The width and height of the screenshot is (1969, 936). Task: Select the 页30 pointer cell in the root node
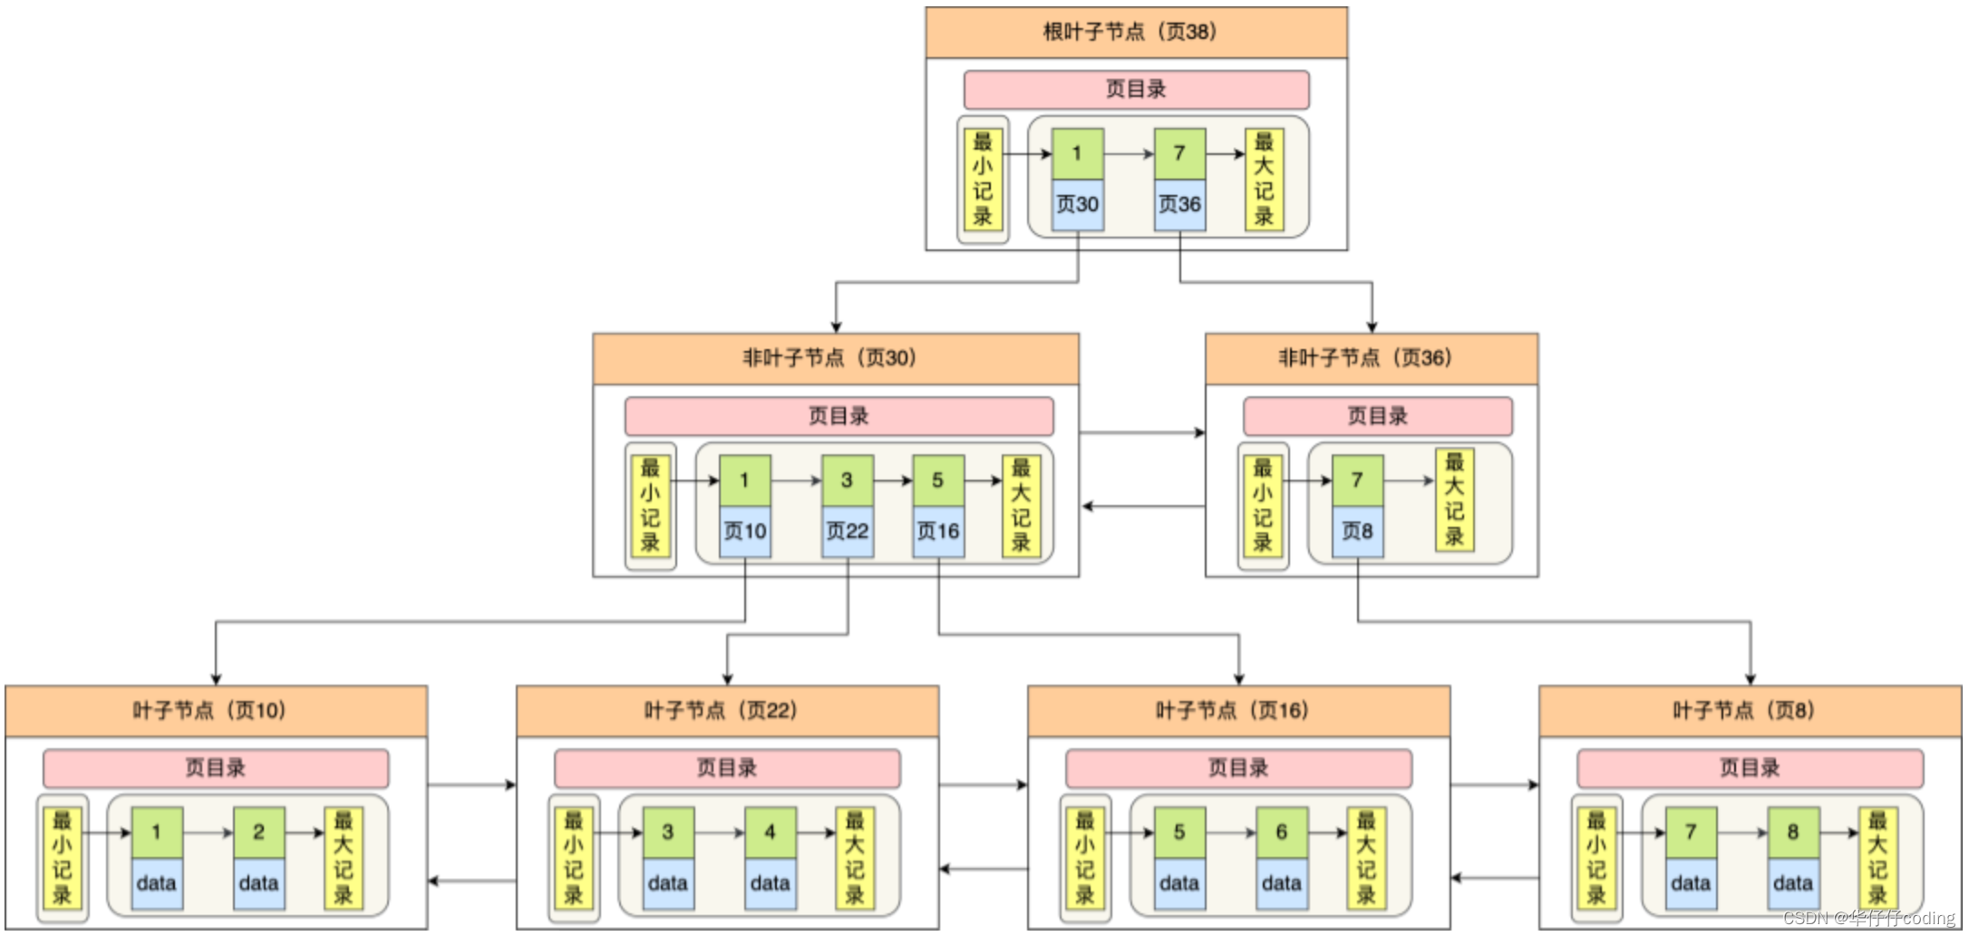click(1077, 204)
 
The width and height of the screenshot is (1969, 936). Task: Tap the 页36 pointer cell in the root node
click(1179, 204)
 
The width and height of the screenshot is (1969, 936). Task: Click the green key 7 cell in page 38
click(1179, 153)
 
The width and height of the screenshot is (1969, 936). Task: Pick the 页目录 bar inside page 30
click(839, 416)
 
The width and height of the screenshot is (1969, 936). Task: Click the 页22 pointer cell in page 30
click(848, 531)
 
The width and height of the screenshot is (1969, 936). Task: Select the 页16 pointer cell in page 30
click(938, 531)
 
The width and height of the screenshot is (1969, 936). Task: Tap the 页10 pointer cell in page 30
click(745, 531)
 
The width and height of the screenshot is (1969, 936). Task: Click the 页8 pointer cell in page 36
click(1357, 531)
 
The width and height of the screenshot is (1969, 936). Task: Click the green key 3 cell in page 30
click(847, 480)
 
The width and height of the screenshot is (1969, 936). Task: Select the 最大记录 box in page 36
click(1454, 500)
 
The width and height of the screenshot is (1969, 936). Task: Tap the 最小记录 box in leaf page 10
click(63, 858)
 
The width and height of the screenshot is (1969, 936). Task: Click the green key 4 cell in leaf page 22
click(770, 832)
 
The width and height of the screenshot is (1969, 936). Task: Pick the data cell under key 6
click(1281, 882)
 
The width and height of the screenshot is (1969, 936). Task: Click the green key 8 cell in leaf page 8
click(1792, 832)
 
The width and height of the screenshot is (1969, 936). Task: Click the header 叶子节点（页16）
click(1237, 710)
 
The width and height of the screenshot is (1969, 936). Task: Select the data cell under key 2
click(258, 882)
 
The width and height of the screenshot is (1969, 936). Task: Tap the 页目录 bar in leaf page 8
click(1750, 768)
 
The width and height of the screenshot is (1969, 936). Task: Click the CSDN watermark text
click(1867, 918)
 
